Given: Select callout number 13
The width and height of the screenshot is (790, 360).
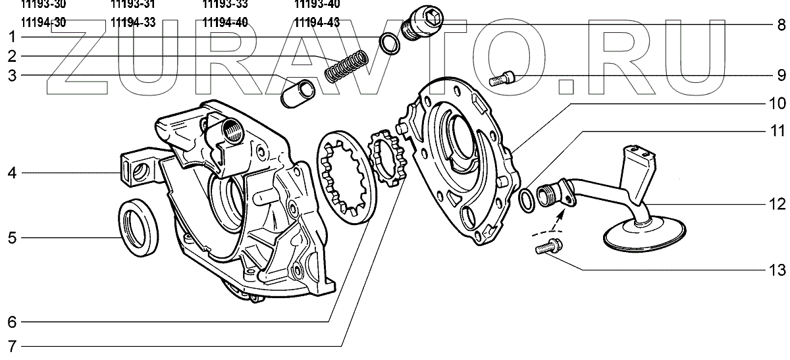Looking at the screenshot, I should [778, 270].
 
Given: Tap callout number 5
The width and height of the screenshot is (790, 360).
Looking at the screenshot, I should [12, 237].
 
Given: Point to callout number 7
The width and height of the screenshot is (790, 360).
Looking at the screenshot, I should [12, 346].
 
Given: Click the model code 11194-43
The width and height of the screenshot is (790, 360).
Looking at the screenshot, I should [317, 22].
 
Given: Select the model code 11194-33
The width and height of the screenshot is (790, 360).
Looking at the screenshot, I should [132, 22].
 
